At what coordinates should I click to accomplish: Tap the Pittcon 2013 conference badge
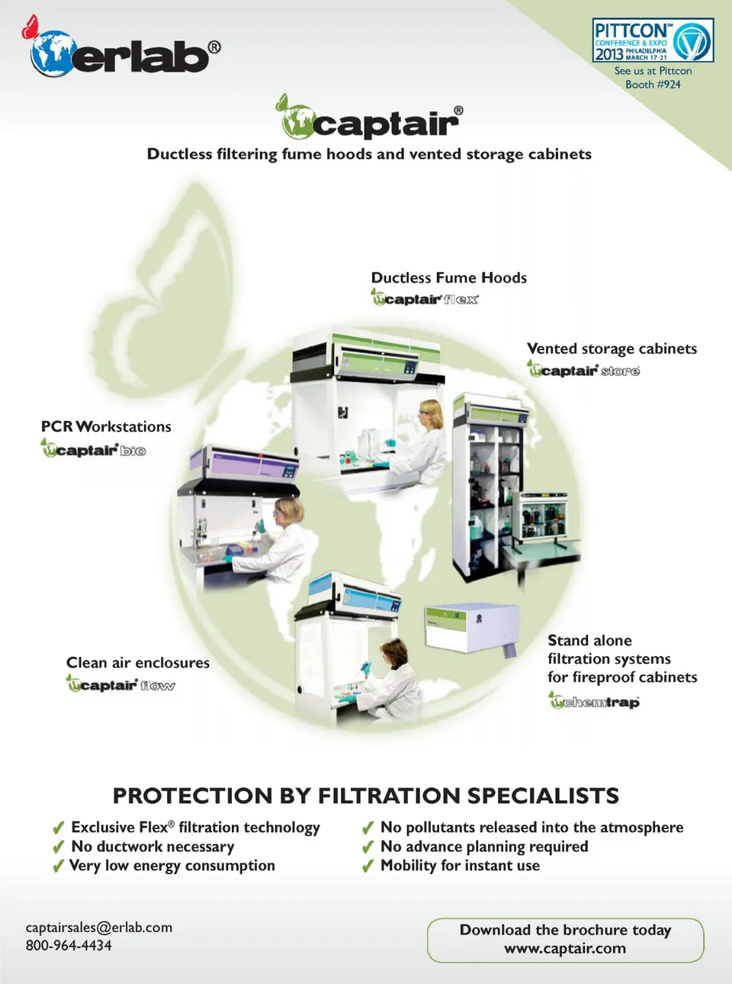click(x=653, y=40)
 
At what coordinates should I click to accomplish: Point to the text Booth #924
click(x=653, y=85)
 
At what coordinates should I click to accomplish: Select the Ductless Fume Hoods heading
click(x=448, y=278)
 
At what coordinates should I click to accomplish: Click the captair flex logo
click(x=425, y=298)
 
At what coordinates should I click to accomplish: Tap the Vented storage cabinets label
click(x=612, y=349)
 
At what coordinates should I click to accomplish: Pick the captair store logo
click(x=583, y=370)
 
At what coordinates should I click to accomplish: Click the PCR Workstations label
click(x=106, y=426)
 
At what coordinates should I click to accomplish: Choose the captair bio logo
click(x=93, y=449)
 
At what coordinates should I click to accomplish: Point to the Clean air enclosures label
click(x=138, y=663)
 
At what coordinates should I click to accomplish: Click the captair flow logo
click(x=120, y=684)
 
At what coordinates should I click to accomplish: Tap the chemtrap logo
click(x=594, y=701)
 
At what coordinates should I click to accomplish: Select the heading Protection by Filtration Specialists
click(x=366, y=796)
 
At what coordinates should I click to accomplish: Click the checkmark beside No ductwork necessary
click(x=58, y=847)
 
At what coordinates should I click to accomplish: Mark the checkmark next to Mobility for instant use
click(x=368, y=867)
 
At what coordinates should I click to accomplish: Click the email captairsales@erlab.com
click(x=99, y=928)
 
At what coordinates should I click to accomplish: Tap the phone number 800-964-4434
click(x=69, y=946)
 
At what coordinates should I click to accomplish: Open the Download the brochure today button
click(x=565, y=940)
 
